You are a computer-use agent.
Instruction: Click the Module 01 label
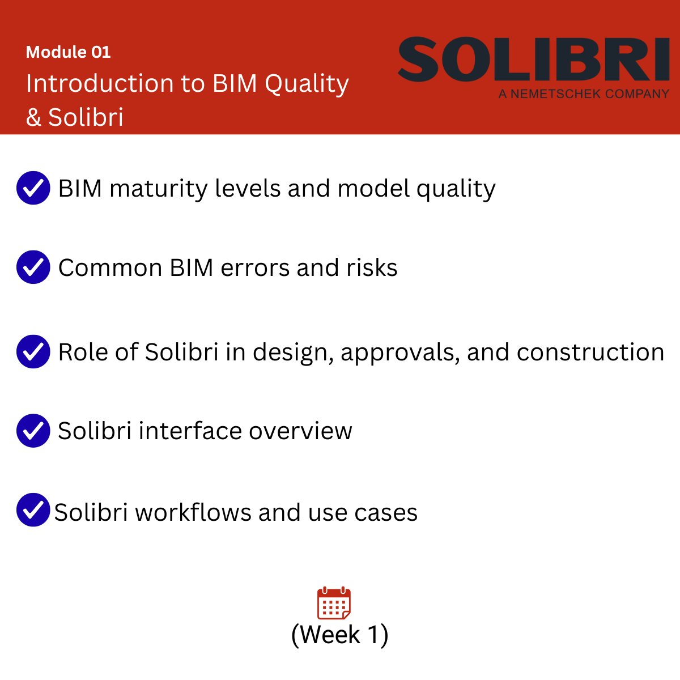tap(68, 52)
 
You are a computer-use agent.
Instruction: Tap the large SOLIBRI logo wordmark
tap(534, 59)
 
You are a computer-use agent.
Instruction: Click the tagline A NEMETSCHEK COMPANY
tap(584, 94)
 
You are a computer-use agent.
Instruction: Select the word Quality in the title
tap(307, 84)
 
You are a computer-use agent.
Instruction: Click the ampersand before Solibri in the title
tap(33, 117)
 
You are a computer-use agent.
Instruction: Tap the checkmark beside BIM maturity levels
tap(33, 188)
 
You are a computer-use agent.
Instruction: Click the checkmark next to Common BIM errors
tap(33, 267)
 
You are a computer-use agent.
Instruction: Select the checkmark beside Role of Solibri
tap(33, 351)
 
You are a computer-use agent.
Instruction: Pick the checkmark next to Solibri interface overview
tap(33, 431)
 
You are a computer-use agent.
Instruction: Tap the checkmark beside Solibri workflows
tap(33, 509)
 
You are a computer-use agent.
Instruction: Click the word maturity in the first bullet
tap(159, 189)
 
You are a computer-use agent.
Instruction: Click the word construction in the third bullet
tap(590, 352)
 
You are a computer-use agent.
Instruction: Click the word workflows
tap(193, 512)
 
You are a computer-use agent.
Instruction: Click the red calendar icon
tap(334, 603)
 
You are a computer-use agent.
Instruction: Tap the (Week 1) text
tap(340, 635)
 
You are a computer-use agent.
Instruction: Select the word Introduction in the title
tap(100, 84)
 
